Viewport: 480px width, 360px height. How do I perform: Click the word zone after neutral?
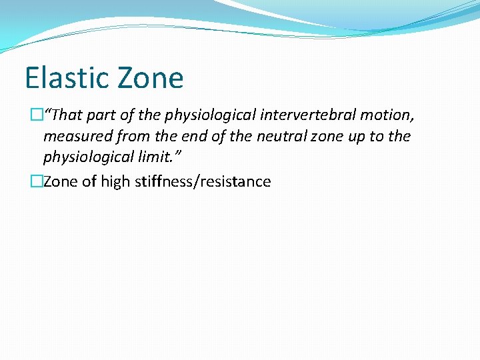pos(321,137)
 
